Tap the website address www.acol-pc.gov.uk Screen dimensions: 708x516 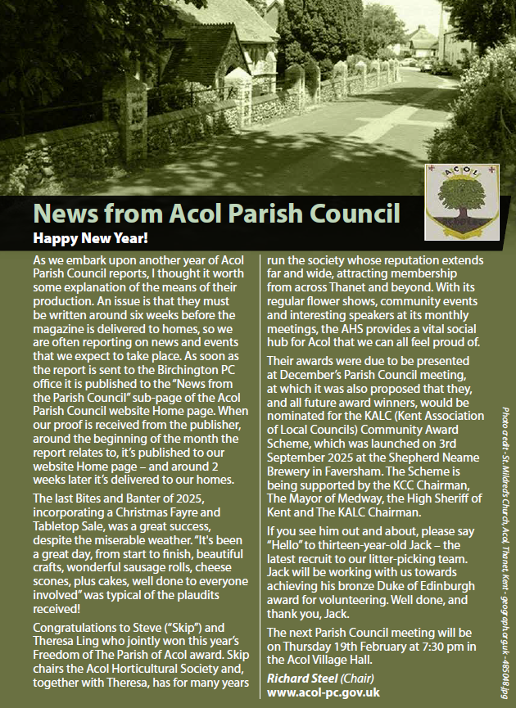324,692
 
